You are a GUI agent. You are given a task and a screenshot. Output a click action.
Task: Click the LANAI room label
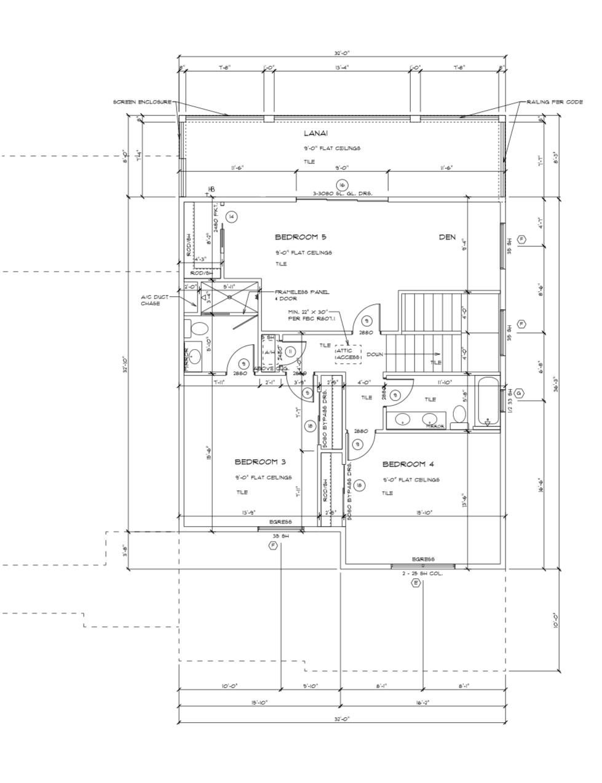pyautogui.click(x=315, y=133)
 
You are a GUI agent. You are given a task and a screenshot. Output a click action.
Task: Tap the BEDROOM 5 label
pyautogui.click(x=300, y=237)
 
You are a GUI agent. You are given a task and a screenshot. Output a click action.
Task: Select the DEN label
pyautogui.click(x=447, y=237)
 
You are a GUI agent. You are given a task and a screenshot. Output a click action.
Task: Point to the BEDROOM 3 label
pyautogui.click(x=260, y=462)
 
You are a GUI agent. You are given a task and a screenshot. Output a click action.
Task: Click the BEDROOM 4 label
pyautogui.click(x=408, y=464)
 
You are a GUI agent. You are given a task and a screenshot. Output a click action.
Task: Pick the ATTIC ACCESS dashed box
pyautogui.click(x=348, y=354)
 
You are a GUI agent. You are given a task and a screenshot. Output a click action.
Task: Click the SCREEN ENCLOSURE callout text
pyautogui.click(x=142, y=102)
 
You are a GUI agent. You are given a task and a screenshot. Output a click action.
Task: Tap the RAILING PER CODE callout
pyautogui.click(x=555, y=102)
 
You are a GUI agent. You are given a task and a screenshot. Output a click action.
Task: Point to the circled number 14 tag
pyautogui.click(x=231, y=216)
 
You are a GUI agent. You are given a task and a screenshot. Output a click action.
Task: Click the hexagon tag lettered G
pyautogui.click(x=520, y=393)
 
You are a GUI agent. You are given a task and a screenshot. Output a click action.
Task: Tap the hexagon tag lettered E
pyautogui.click(x=416, y=583)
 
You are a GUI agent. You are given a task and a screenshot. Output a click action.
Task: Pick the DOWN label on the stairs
pyautogui.click(x=375, y=355)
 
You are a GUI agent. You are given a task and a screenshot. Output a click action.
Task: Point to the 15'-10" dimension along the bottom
pyautogui.click(x=259, y=702)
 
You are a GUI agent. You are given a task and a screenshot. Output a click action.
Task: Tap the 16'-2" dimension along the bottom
pyautogui.click(x=422, y=702)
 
